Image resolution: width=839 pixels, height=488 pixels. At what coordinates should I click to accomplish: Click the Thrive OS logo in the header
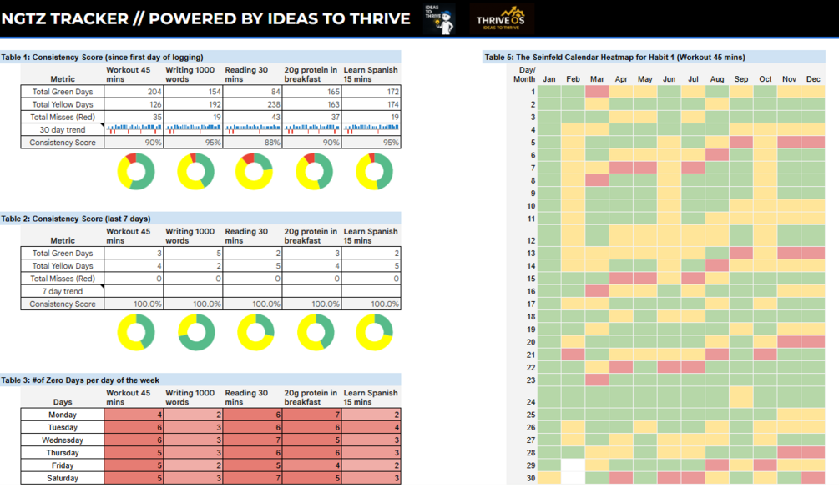point(502,18)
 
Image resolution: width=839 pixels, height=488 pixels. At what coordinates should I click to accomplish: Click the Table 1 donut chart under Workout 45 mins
point(135,171)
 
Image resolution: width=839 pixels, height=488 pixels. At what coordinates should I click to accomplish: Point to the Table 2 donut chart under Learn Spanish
point(374,332)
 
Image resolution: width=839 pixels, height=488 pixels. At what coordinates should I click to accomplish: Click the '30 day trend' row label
point(63,130)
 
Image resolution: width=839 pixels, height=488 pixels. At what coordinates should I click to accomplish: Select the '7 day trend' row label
point(63,291)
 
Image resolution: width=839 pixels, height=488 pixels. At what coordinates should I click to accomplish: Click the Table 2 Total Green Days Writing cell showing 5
point(193,253)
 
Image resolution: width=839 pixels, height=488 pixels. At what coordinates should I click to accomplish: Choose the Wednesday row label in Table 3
point(63,440)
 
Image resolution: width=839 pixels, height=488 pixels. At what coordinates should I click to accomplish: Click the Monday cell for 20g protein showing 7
point(312,415)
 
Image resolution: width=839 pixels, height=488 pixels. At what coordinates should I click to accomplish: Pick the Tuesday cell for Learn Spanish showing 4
point(371,427)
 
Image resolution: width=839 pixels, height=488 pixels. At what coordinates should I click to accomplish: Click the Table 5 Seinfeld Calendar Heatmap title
point(614,57)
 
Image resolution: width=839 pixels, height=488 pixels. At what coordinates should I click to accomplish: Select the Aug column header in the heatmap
point(716,79)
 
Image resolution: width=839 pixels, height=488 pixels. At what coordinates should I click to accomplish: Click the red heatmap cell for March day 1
point(597,92)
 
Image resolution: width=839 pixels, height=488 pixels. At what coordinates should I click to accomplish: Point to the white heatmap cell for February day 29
point(573,465)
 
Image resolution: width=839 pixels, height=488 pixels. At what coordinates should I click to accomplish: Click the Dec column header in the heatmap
point(813,79)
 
